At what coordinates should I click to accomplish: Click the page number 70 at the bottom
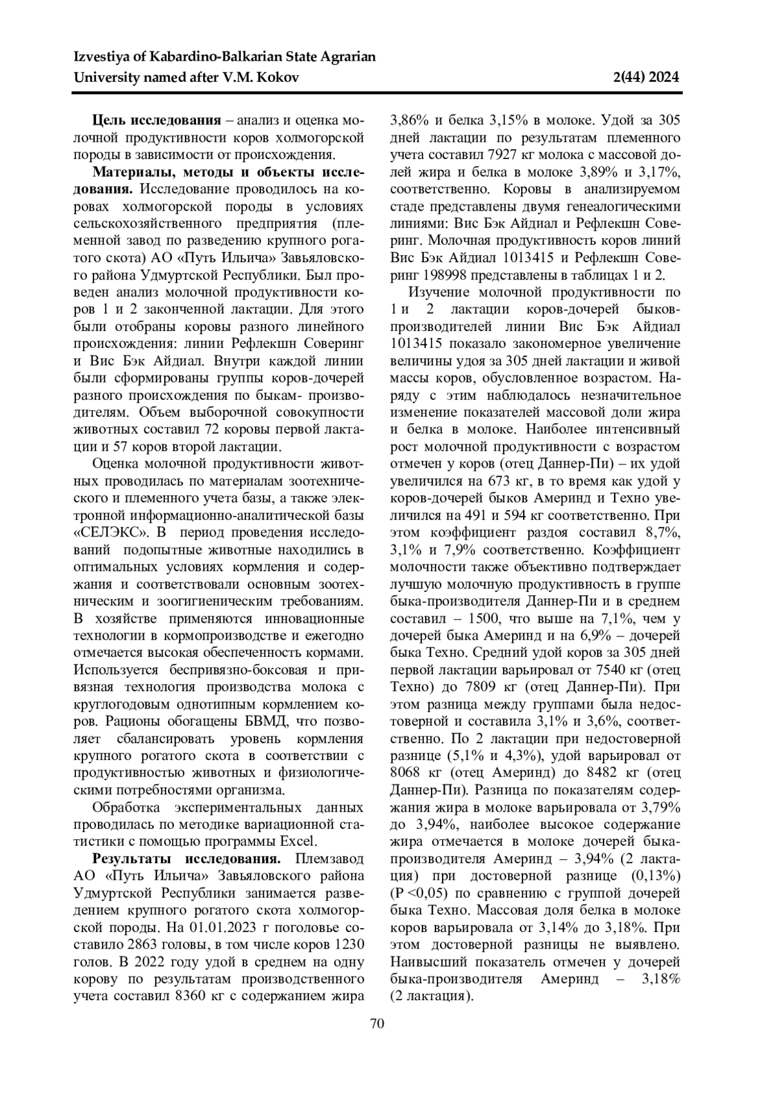pos(377,1023)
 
